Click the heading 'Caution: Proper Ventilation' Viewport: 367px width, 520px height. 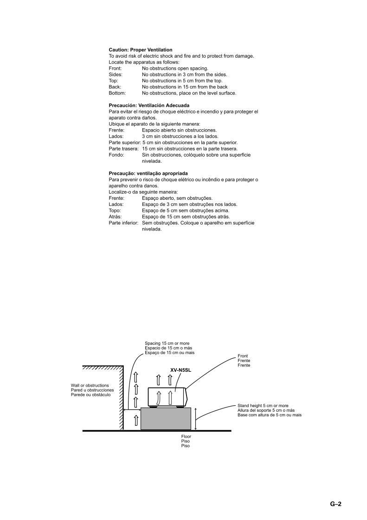click(140, 50)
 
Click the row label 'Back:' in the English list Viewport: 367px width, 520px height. click(115, 87)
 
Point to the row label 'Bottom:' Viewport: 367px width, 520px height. click(117, 93)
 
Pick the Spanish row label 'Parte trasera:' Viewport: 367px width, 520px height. click(123, 149)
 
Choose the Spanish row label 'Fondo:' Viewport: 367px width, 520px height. click(116, 155)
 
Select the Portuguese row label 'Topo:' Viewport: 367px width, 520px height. click(115, 211)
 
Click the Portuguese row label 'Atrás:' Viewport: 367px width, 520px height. click(115, 217)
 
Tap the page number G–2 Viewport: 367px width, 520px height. click(336, 504)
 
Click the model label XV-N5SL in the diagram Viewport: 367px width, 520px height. click(181, 370)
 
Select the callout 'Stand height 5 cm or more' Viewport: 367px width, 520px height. click(263, 406)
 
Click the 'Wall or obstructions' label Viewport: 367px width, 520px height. click(90, 386)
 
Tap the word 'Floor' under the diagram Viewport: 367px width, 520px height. click(186, 436)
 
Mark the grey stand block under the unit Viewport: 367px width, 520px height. click(166, 419)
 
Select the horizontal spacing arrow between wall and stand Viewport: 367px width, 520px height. click(132, 411)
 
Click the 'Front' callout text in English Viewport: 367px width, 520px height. click(243, 356)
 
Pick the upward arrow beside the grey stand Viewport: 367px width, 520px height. click(136, 420)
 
